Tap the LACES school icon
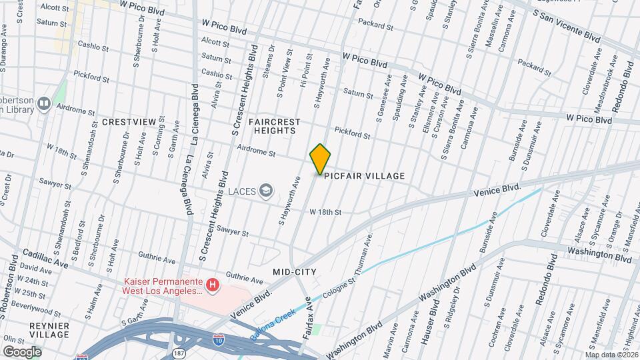(x=267, y=191)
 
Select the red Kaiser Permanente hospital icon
(x=213, y=286)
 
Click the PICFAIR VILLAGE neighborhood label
(x=365, y=176)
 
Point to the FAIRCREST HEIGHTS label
(x=271, y=127)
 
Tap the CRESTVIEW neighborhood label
(x=129, y=123)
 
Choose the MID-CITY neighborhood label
(x=294, y=271)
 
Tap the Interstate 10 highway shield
(x=219, y=339)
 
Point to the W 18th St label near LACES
(x=325, y=212)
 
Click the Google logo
(x=21, y=351)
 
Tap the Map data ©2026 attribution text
(x=611, y=354)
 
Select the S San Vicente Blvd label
(x=567, y=25)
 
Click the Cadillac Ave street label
(x=45, y=259)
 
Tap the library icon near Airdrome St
(x=44, y=103)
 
